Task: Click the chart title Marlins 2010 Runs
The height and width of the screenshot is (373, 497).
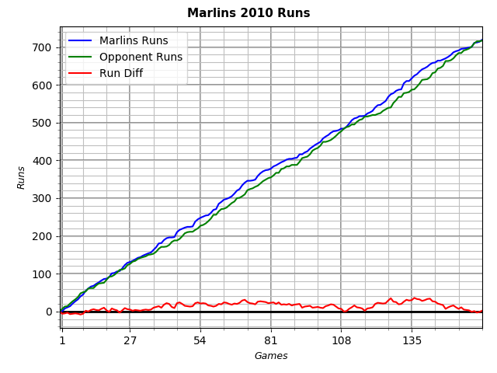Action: (248, 13)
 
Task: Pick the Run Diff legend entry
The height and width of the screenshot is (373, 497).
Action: (120, 74)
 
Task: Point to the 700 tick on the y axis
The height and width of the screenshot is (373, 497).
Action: (43, 48)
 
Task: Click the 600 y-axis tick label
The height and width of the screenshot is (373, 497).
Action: (43, 85)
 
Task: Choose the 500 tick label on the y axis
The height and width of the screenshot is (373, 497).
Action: (43, 124)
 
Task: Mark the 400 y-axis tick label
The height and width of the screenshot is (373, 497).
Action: (43, 161)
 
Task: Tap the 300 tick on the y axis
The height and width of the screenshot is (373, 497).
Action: (43, 199)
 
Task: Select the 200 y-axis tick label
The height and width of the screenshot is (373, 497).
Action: (43, 237)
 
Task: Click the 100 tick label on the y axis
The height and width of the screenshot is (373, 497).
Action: (43, 274)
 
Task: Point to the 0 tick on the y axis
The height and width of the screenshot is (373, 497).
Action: (49, 312)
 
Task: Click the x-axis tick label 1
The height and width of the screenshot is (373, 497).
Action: (62, 340)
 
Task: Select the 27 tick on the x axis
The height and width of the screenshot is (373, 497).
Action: (130, 340)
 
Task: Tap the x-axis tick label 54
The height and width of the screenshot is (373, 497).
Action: (200, 340)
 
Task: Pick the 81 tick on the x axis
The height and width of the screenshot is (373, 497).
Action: (270, 340)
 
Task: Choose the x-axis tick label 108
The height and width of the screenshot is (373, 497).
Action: (341, 340)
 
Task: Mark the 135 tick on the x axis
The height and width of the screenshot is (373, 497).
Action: (412, 340)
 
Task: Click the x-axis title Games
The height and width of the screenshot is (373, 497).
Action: (271, 356)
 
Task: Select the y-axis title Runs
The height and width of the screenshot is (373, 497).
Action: (22, 177)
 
